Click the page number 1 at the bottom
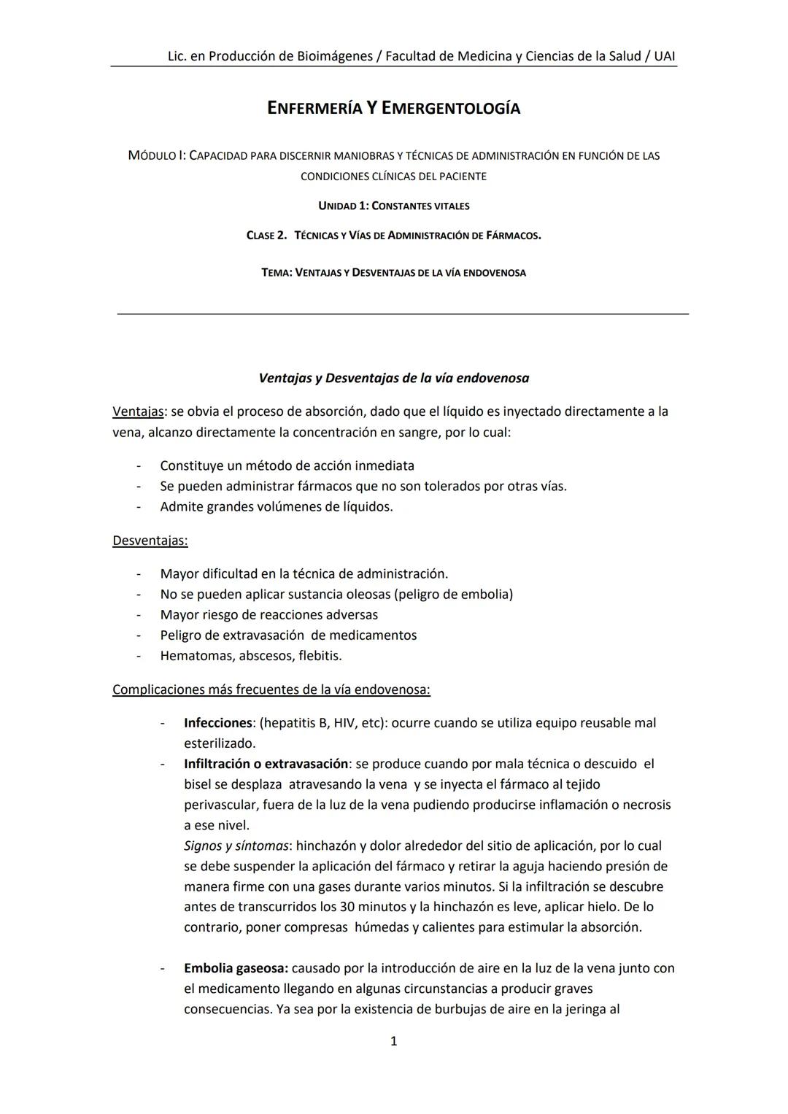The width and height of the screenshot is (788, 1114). coord(394,1041)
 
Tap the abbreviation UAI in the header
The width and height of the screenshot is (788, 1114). coord(665,56)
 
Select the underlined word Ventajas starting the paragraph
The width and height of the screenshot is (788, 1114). coord(138,411)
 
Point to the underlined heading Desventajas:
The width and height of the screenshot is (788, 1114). coord(150,541)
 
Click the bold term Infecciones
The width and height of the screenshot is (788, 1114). coord(217,723)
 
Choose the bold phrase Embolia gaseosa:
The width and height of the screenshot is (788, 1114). coord(236,968)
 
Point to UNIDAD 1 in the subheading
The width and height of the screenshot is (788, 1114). coord(343,206)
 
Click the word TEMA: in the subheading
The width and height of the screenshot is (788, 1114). coord(277,273)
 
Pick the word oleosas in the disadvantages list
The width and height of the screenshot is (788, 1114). coord(366,594)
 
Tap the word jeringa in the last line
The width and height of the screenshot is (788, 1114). coord(576,1010)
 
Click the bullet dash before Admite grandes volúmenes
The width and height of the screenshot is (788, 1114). coord(138,506)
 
